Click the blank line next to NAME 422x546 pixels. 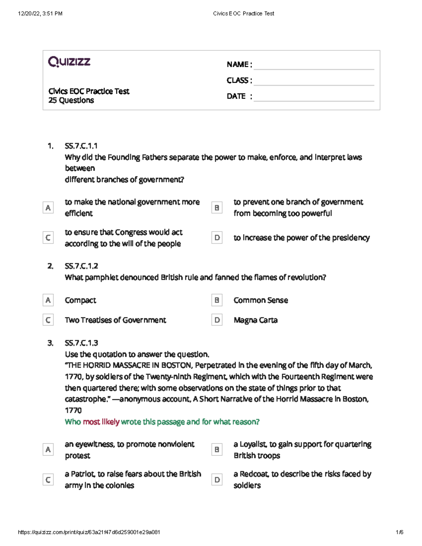pyautogui.click(x=314, y=65)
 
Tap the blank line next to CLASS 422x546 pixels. pyautogui.click(x=314, y=81)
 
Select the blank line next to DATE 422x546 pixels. pyautogui.click(x=314, y=97)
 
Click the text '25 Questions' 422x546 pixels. pyautogui.click(x=71, y=100)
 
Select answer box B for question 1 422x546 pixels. pyautogui.click(x=217, y=208)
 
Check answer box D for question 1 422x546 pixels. pyautogui.click(x=217, y=238)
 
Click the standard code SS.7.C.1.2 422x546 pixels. pyautogui.click(x=81, y=266)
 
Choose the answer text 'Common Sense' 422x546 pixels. pyautogui.click(x=261, y=300)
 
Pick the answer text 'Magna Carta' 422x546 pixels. pyautogui.click(x=256, y=320)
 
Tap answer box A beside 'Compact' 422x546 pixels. pyautogui.click(x=48, y=300)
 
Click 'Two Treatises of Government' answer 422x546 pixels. pyautogui.click(x=115, y=320)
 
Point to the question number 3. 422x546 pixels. pyautogui.click(x=50, y=343)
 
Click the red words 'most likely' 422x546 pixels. pyautogui.click(x=101, y=422)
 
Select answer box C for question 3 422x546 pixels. pyautogui.click(x=48, y=480)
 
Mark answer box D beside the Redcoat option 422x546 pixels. pyautogui.click(x=217, y=480)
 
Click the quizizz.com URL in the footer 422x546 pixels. pyautogui.click(x=89, y=532)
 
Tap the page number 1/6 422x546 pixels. pyautogui.click(x=399, y=532)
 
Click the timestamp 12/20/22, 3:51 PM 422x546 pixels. pyautogui.click(x=40, y=13)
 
